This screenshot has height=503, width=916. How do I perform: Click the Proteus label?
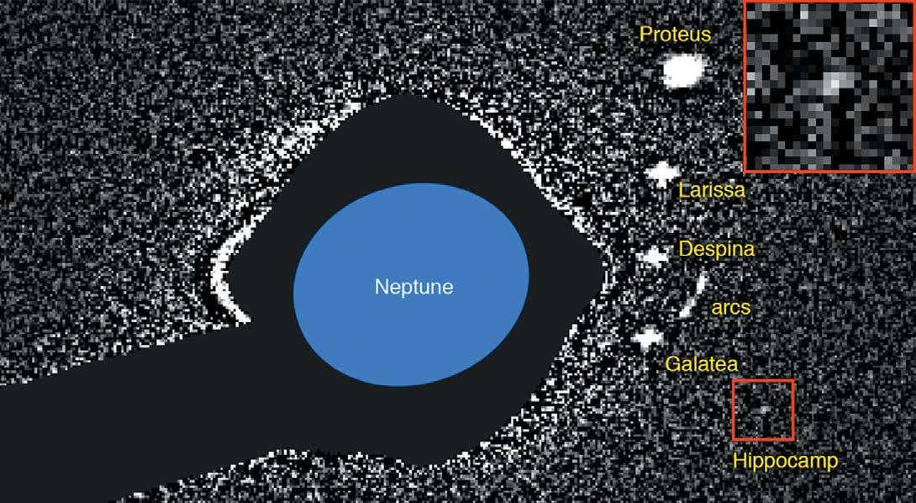point(675,34)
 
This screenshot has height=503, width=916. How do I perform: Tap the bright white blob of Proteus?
point(682,71)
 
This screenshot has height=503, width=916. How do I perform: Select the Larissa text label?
point(711,190)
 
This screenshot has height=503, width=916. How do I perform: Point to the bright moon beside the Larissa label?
point(662,174)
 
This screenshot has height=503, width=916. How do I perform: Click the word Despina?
point(716,250)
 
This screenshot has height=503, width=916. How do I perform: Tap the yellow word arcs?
point(730,308)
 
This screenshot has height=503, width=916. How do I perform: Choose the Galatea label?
point(701,364)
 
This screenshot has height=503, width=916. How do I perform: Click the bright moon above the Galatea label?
point(648,338)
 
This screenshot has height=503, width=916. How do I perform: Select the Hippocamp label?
point(785,461)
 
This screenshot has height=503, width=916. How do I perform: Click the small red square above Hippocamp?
point(763,410)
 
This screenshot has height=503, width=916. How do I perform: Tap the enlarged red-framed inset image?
point(828,87)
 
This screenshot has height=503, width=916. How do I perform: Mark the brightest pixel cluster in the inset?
point(831,82)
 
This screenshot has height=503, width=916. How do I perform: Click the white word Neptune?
point(413,287)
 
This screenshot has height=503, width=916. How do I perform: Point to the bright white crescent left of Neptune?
point(222,282)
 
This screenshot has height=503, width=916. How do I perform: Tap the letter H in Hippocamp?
point(739,461)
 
